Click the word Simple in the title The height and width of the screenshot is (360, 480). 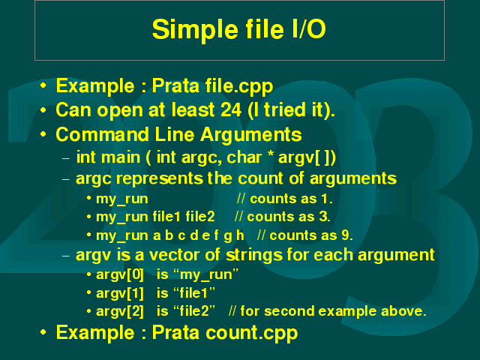[195, 30]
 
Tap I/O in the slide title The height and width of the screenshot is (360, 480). [308, 28]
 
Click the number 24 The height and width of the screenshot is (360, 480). [231, 109]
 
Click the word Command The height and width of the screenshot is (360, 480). [103, 134]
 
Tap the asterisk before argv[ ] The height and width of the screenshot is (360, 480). [270, 154]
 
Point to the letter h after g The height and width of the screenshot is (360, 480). [240, 235]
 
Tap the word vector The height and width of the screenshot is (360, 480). [175, 255]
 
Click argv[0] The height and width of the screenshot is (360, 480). [120, 274]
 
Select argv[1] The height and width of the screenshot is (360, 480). [120, 293]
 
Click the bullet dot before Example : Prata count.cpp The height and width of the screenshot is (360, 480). [43, 331]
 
